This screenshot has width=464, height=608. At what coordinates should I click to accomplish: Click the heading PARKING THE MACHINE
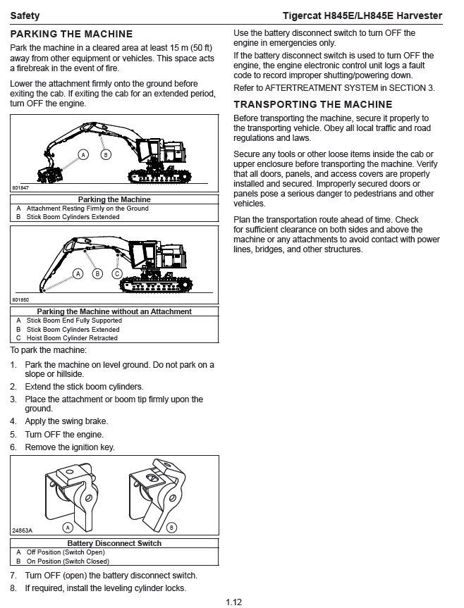[71, 34]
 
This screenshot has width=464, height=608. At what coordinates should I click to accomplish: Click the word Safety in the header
[25, 15]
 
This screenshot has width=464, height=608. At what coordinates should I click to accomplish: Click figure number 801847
[20, 189]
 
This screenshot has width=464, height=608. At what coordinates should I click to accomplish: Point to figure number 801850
[20, 300]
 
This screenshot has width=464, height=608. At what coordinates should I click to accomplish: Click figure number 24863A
[22, 530]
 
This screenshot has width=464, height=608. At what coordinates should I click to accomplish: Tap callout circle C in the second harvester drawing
[117, 273]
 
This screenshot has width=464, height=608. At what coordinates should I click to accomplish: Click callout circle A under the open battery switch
[68, 527]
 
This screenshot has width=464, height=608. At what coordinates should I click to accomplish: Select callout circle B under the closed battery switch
[172, 527]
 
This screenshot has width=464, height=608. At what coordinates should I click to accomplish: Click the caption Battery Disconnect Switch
[114, 543]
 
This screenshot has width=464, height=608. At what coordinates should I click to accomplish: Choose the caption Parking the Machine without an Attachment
[114, 311]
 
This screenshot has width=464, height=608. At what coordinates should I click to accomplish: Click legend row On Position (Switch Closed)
[68, 562]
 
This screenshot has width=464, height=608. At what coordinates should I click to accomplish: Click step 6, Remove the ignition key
[69, 447]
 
